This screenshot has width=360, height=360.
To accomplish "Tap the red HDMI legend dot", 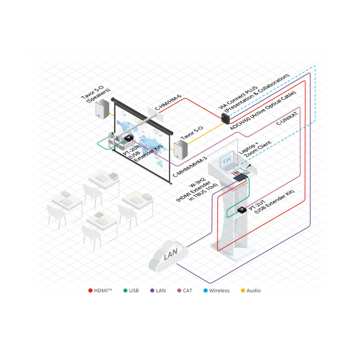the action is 90,291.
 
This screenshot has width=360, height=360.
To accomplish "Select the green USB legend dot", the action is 125,291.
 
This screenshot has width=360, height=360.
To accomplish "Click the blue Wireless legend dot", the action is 206,291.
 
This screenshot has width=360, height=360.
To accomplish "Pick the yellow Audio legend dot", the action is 243,291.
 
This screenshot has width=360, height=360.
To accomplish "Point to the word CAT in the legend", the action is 187,291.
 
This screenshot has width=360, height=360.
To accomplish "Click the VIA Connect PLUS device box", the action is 226,118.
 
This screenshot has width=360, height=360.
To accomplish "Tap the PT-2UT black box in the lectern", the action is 242,210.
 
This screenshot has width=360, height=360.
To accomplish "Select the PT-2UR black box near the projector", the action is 128,138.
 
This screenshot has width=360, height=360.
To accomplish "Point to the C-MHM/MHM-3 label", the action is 190,167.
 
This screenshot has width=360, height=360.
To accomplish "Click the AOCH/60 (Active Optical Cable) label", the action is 263,111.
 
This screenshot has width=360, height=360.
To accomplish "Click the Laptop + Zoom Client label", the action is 255,148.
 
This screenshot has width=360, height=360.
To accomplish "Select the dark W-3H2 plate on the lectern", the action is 240,177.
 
